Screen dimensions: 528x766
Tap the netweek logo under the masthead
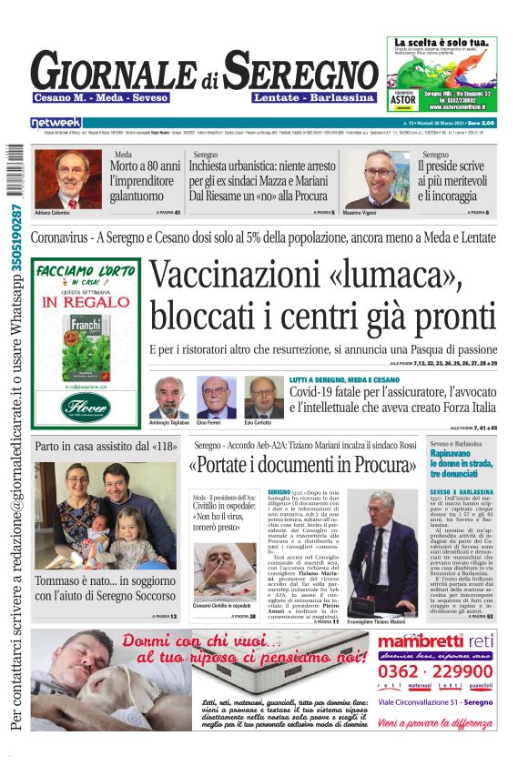(x=56, y=122)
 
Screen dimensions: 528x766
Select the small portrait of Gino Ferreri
(x=216, y=397)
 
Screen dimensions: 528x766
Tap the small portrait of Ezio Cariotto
(x=263, y=397)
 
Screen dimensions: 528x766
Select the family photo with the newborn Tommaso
(x=106, y=516)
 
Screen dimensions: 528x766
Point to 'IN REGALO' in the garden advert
(x=86, y=301)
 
